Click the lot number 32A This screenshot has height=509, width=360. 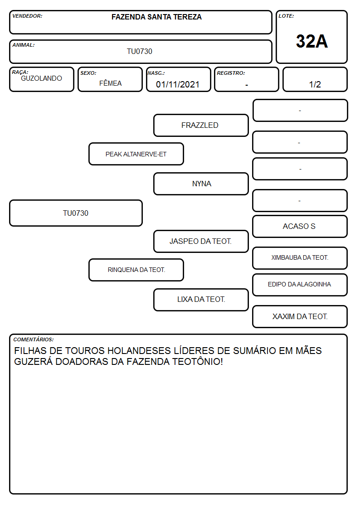(x=311, y=41)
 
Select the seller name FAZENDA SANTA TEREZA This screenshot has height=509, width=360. (x=156, y=17)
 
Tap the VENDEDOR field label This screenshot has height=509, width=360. (x=27, y=16)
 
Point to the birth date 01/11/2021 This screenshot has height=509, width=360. (x=178, y=84)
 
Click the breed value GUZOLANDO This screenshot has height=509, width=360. (x=41, y=78)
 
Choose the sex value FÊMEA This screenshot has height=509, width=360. (x=110, y=83)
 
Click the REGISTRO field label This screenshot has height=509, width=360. (x=231, y=73)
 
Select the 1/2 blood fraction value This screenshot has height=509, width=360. (x=315, y=84)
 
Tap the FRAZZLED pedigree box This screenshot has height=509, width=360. (x=201, y=125)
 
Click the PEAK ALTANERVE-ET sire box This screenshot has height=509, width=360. (x=136, y=154)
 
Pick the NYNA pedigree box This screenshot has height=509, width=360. (x=201, y=184)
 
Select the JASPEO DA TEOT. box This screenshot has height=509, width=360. (x=201, y=241)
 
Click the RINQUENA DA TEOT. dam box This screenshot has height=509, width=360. (x=136, y=270)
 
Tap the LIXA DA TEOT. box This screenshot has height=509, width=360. (x=201, y=300)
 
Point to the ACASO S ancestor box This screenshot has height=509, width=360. (x=300, y=226)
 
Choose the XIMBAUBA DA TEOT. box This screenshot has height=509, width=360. (x=300, y=258)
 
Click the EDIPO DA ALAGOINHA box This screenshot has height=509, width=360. (x=300, y=285)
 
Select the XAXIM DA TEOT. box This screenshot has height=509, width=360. (x=300, y=316)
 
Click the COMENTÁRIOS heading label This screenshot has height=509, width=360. (x=34, y=339)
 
